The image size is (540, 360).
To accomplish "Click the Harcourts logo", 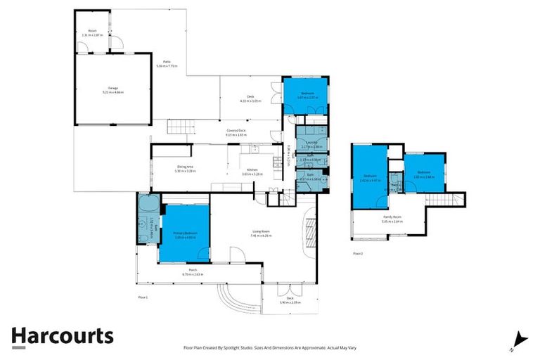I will click(x=62, y=336).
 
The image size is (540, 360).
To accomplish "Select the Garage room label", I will click(x=112, y=89).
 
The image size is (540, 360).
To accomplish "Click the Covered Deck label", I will click(x=236, y=131).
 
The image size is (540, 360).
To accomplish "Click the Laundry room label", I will click(x=311, y=143).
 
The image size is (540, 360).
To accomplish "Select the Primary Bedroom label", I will click(x=186, y=234).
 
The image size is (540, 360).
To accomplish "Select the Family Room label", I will click(x=392, y=217).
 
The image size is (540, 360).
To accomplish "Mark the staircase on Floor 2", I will click(x=446, y=200).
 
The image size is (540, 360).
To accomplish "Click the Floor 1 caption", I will click(x=143, y=297).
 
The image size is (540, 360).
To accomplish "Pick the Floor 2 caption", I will click(x=358, y=253).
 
